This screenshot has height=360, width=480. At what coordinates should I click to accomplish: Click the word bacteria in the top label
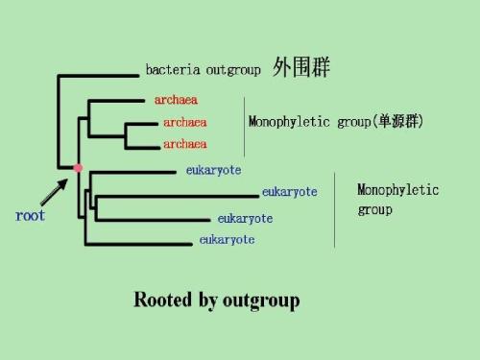[x=170, y=70]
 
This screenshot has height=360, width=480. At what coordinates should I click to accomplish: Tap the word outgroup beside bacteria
[x=230, y=70]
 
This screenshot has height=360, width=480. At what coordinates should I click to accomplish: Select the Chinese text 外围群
[x=302, y=68]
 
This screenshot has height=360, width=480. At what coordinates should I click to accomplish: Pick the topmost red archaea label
[x=176, y=99]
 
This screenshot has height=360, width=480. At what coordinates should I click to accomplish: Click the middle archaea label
[x=184, y=122]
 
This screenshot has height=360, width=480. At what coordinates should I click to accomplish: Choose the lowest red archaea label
[x=184, y=144]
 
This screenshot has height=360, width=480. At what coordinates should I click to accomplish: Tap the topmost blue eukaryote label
[x=213, y=171]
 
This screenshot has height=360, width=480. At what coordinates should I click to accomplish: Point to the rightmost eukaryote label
[x=289, y=192]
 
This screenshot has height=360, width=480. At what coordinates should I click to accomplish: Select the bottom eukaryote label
[x=227, y=239]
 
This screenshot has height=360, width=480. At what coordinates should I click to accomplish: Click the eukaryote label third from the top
[x=245, y=218]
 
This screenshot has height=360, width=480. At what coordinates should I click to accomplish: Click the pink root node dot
[x=78, y=169]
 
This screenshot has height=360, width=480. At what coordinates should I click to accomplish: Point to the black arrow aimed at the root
[x=57, y=190]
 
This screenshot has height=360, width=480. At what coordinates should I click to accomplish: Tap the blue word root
[x=30, y=215]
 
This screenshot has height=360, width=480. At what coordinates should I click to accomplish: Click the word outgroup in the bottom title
[x=260, y=300]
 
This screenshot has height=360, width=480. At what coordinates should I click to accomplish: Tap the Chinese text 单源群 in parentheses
[x=396, y=122]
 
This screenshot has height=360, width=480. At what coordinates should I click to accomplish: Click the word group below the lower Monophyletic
[x=374, y=209]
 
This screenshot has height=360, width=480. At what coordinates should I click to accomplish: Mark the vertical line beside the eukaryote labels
[x=334, y=209]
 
